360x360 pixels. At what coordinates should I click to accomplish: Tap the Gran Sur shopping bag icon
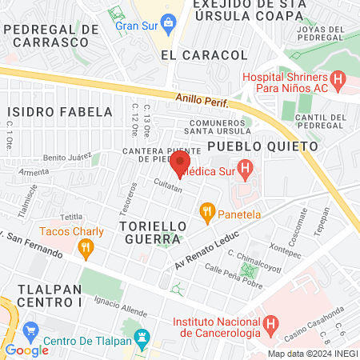click(168, 22)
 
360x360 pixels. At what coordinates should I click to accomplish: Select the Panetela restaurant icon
click(207, 213)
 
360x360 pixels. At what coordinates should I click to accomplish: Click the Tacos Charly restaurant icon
click(86, 249)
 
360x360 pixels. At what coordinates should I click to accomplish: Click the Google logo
click(26, 350)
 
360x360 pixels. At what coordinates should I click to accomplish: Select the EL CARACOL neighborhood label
click(204, 54)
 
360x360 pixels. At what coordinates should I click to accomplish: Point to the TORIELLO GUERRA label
click(153, 234)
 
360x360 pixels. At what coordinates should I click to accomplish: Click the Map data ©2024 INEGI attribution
click(312, 353)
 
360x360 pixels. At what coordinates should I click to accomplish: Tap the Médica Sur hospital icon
click(246, 169)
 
